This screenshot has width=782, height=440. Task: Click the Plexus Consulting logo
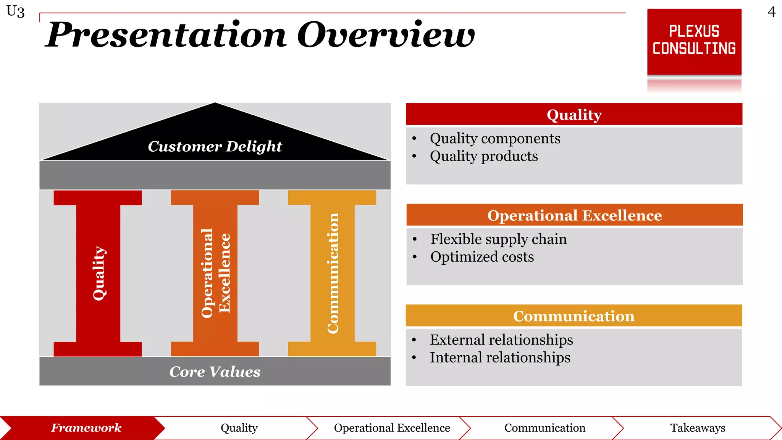[x=694, y=41]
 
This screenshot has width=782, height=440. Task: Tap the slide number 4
[x=771, y=12]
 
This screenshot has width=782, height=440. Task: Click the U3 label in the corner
[x=15, y=11]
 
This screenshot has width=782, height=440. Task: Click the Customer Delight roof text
[x=215, y=146]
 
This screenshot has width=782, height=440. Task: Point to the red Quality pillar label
[x=99, y=273]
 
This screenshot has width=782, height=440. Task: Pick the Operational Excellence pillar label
[x=216, y=273]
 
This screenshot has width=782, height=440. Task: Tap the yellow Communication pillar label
[x=333, y=273]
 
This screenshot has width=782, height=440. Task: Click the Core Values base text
[x=215, y=372]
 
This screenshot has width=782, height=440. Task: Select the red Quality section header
[x=574, y=115]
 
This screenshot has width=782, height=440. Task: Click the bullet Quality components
[x=495, y=138]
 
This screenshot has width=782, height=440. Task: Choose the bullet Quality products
[x=483, y=156]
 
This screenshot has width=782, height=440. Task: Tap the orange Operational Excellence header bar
[x=574, y=215]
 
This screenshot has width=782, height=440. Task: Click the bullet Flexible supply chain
[x=498, y=239]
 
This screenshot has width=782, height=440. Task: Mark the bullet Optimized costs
[x=482, y=257]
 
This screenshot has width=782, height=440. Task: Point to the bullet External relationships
[x=501, y=340]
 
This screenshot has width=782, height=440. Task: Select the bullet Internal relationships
[x=500, y=357]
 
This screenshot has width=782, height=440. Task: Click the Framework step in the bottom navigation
[x=86, y=428]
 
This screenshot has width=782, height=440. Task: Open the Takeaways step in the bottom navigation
[x=698, y=428]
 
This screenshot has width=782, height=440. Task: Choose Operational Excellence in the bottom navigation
[x=392, y=428]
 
